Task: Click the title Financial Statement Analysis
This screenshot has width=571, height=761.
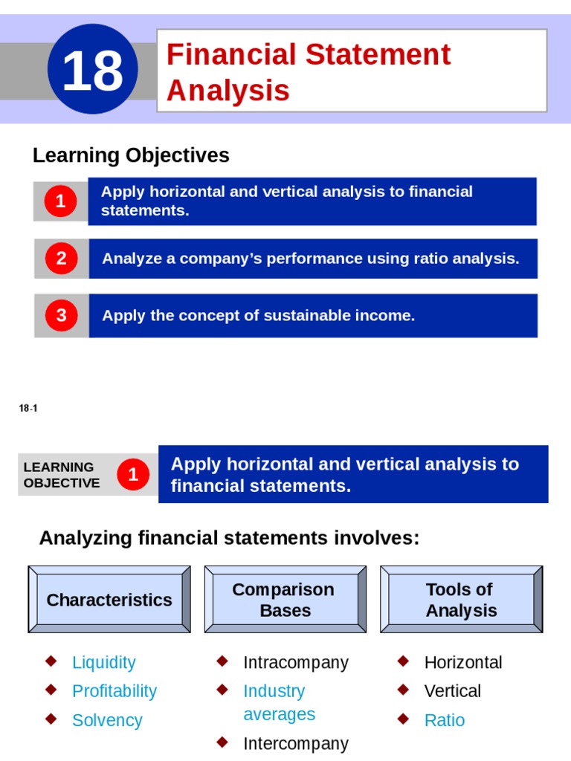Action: (x=308, y=72)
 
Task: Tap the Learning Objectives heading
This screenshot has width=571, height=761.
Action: (x=131, y=155)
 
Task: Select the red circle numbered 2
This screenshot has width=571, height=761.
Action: (x=61, y=259)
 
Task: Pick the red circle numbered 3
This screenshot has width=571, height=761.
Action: (x=61, y=315)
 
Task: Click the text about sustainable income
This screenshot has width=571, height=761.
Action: (x=258, y=315)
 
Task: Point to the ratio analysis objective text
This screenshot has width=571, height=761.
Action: (x=310, y=259)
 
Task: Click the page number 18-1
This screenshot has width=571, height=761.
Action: (x=28, y=408)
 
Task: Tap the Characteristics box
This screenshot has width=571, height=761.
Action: (x=109, y=600)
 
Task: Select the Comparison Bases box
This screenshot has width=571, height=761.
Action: (x=285, y=600)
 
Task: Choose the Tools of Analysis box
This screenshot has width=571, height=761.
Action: (x=461, y=600)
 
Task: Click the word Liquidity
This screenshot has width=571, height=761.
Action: (x=104, y=662)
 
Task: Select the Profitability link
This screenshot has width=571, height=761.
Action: (x=114, y=691)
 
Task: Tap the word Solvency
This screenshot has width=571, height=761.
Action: (x=107, y=720)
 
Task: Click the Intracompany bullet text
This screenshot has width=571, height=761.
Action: (x=295, y=662)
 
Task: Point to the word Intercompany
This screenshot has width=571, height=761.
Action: (x=295, y=743)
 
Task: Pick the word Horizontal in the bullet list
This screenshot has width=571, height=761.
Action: (x=463, y=662)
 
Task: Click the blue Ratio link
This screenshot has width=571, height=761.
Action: (x=444, y=720)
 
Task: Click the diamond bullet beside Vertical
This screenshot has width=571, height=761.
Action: (x=402, y=690)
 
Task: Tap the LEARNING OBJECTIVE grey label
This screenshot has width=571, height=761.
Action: (x=62, y=475)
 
